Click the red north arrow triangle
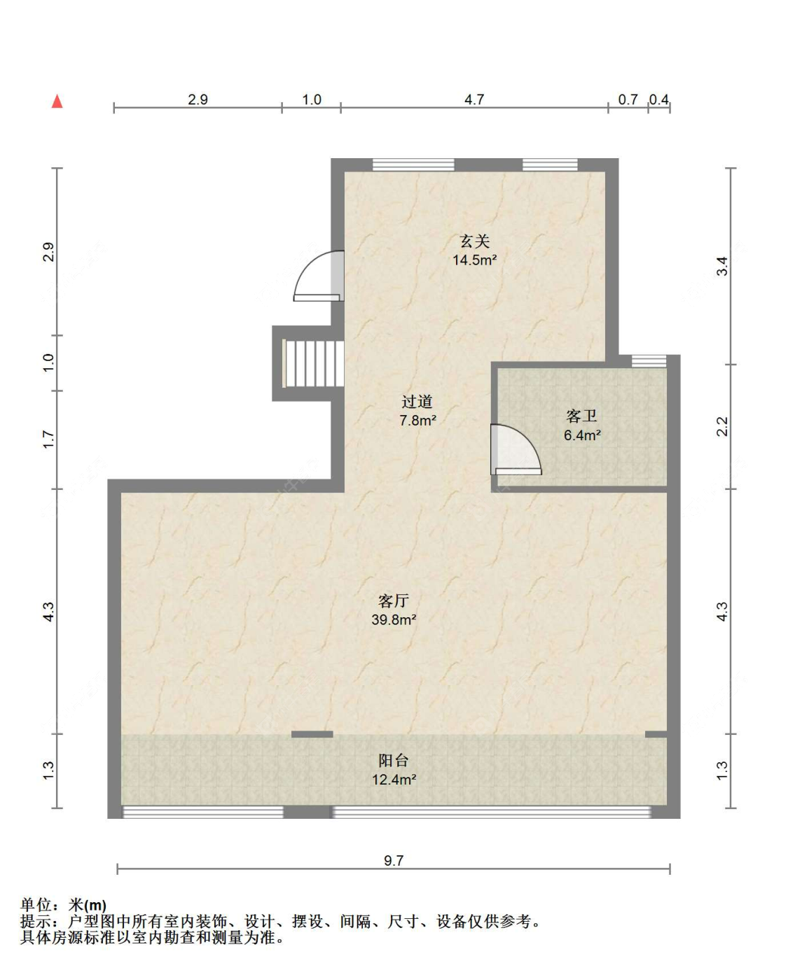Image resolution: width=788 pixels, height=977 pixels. [57, 101]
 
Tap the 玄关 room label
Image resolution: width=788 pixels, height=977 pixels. [474, 241]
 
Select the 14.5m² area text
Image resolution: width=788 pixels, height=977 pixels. [474, 260]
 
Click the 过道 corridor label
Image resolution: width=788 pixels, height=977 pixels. [417, 402]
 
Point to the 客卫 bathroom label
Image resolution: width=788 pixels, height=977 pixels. [581, 416]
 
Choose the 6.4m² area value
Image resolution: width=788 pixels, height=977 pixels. [582, 435]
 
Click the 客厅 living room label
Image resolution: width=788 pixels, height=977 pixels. [393, 600]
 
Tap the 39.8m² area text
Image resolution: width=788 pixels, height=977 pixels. [394, 619]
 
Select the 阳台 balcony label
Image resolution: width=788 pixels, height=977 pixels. [393, 761]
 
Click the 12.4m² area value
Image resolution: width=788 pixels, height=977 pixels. [394, 780]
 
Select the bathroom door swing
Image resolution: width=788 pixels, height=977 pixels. [515, 450]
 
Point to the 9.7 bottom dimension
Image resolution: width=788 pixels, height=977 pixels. [394, 860]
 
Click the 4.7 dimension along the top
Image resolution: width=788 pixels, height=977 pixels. [474, 99]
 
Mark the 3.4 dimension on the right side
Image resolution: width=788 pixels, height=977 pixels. [722, 267]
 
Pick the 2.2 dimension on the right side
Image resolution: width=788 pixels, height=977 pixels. [722, 426]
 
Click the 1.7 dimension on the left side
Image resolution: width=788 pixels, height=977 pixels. [48, 440]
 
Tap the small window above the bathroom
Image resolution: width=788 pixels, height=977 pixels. [649, 361]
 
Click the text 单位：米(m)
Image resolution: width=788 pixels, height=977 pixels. [64, 906]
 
